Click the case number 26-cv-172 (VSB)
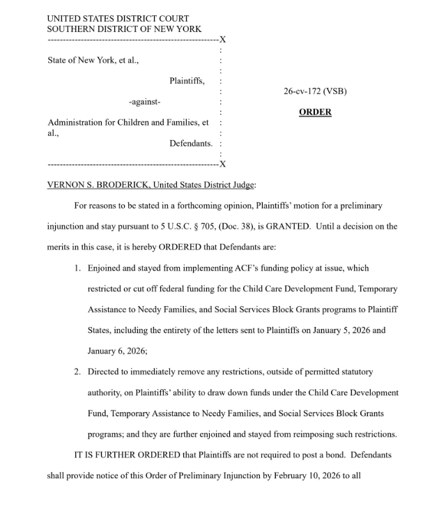[x=315, y=91]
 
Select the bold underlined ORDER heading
[x=315, y=112]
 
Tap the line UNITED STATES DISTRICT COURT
[x=118, y=19]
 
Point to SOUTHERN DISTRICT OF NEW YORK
[x=124, y=29]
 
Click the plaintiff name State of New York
[x=77, y=60]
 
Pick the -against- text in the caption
[x=144, y=102]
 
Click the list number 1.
[x=78, y=268]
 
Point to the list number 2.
[x=78, y=372]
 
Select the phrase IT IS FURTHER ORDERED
[x=125, y=455]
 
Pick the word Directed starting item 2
[x=105, y=372]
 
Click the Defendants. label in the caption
[x=190, y=144]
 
